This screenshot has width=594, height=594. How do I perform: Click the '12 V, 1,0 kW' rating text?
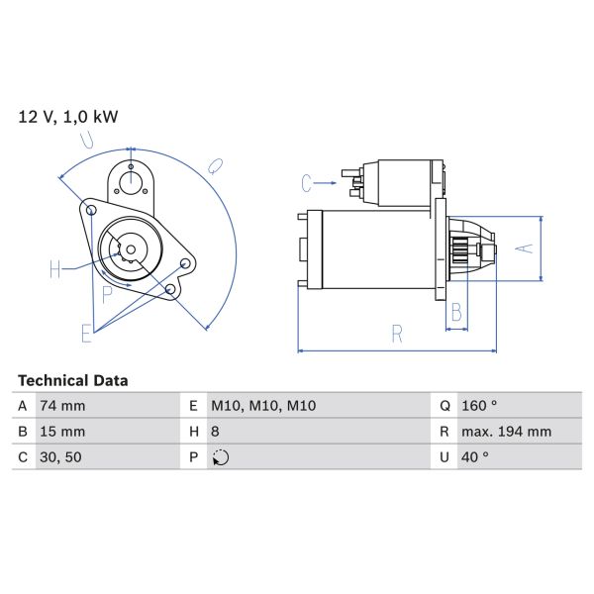pos(68,117)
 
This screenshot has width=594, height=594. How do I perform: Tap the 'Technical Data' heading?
pos(73,380)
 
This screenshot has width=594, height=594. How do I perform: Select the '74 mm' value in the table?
pos(62,406)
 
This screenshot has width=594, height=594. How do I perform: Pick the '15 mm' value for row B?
pos(62,432)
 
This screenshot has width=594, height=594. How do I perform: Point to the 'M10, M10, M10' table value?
pos(262,406)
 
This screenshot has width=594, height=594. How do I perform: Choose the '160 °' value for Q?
pos(480,406)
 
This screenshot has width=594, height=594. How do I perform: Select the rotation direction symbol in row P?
pos(221,457)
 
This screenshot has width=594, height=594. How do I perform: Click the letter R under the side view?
pos(396,335)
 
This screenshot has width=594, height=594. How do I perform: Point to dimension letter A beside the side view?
pos(528,248)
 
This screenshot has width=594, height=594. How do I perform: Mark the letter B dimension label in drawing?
pos(456,314)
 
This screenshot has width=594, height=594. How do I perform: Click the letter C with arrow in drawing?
pos(307,183)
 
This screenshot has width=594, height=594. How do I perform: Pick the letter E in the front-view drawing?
pos(86,332)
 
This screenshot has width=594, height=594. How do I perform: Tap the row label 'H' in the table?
pos(192,432)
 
